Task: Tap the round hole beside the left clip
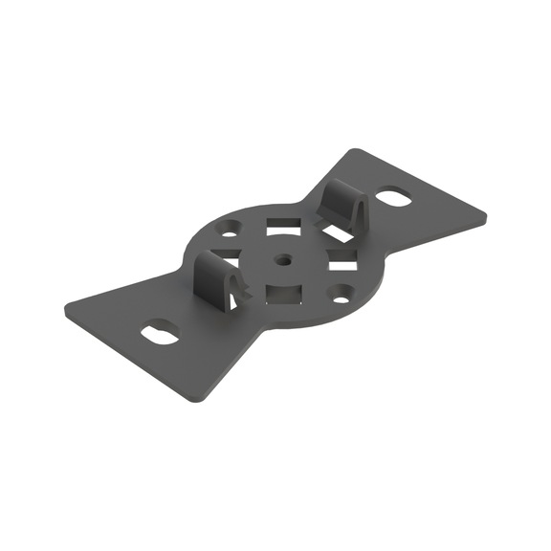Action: (x=231, y=230)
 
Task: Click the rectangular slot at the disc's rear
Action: (x=282, y=223)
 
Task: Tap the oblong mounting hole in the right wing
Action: (x=394, y=198)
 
